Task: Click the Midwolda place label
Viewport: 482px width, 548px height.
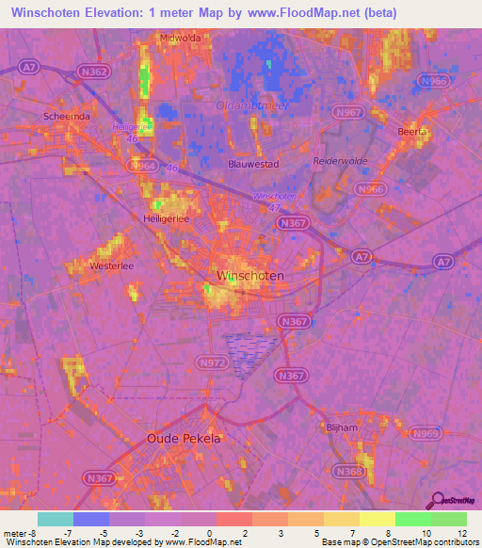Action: point(182,39)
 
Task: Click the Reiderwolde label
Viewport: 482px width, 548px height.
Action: point(338,161)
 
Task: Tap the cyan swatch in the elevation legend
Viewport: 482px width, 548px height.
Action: point(56,519)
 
